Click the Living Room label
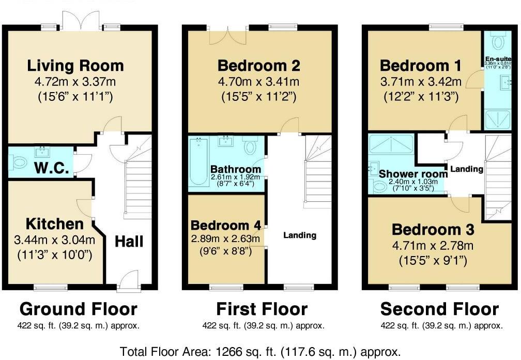[x=75, y=66]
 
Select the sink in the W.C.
[x=41, y=152]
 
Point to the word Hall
[x=129, y=241]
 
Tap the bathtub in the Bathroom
[x=198, y=161]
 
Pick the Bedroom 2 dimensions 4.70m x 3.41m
[x=259, y=81]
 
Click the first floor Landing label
[x=300, y=235]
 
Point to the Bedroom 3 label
[x=432, y=230]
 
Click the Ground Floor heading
[x=79, y=309]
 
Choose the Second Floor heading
[x=439, y=309]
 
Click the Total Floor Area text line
[x=260, y=352]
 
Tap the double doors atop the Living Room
[x=80, y=21]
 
